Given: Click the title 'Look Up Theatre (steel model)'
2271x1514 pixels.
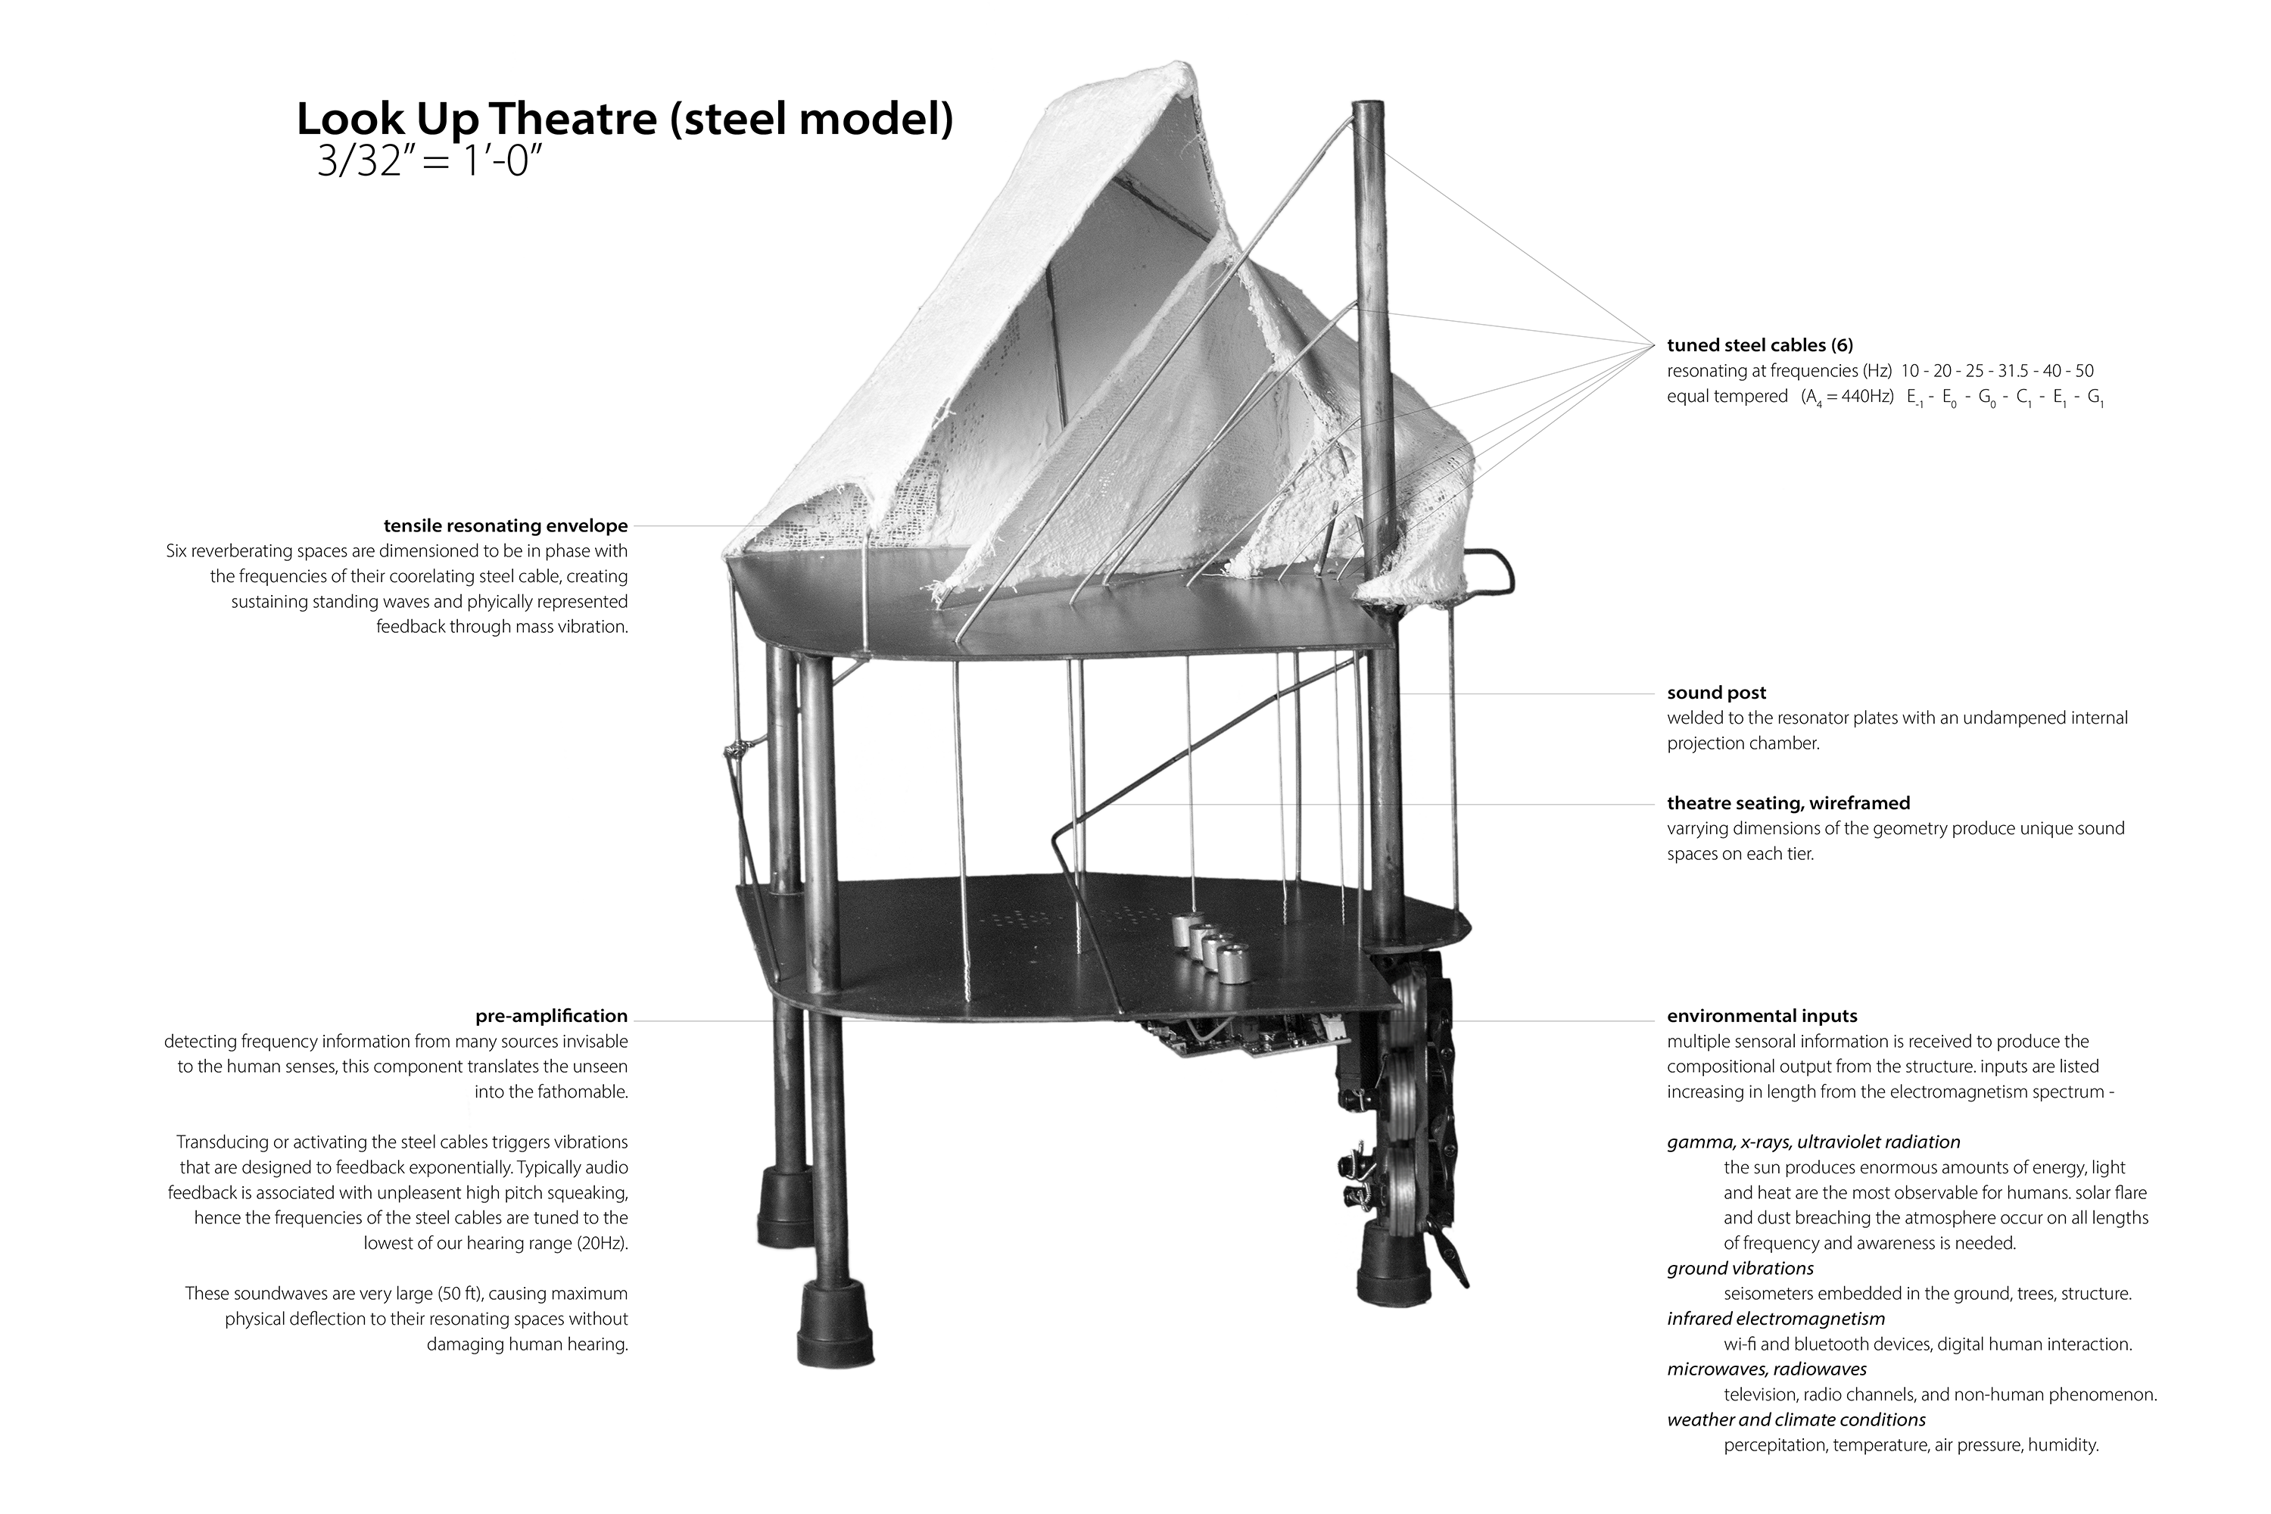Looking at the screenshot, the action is pos(624,120).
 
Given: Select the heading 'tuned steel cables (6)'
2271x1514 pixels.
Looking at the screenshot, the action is pos(1759,344).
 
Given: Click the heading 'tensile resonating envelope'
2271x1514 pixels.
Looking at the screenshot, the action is pos(505,526).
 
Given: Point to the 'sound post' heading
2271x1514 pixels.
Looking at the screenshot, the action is pos(1716,693).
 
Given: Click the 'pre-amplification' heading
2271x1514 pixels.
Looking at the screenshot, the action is pos(551,1016).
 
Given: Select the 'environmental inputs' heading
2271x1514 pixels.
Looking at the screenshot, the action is pos(1762,1016).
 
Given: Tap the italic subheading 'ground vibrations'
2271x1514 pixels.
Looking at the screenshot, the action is pos(1740,1268).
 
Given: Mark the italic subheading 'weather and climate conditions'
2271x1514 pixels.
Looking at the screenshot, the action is pos(1796,1419).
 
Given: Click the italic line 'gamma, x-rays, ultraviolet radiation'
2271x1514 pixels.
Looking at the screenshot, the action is pos(1813,1142).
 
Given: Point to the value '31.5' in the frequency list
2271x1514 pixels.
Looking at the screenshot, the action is pos(2012,371).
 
